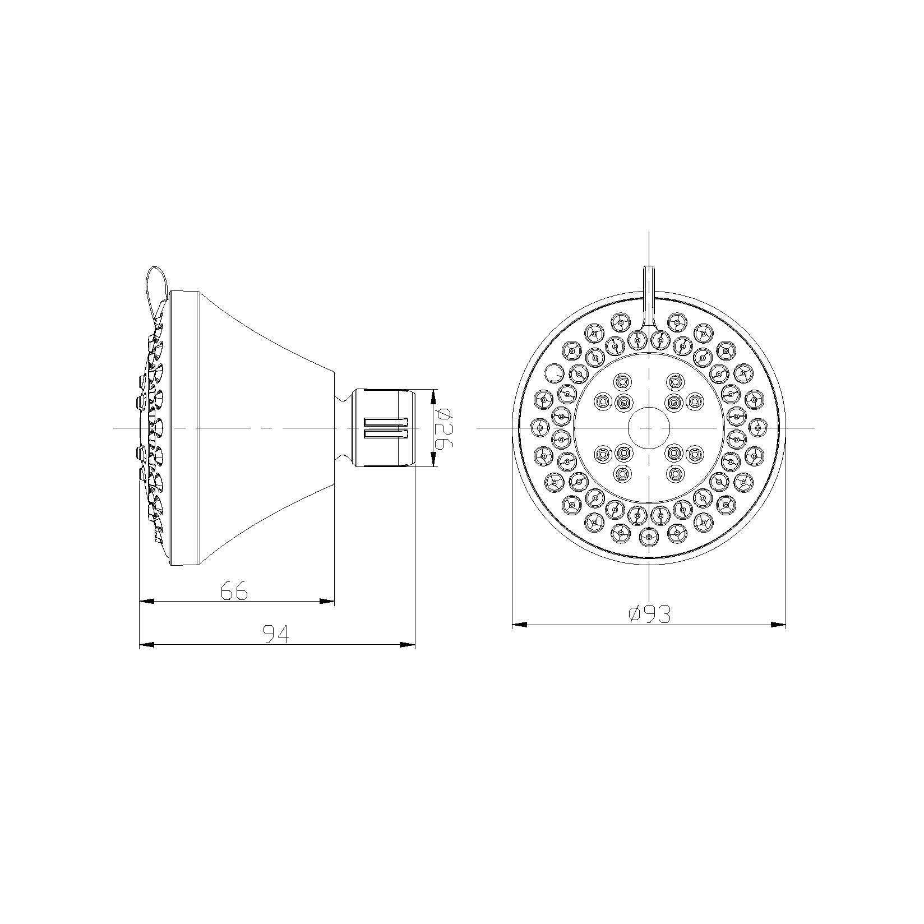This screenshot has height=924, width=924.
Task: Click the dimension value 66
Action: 234,591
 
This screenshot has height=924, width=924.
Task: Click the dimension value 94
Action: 276,635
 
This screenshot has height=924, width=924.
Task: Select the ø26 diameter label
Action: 443,428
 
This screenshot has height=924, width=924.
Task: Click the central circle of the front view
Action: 649,428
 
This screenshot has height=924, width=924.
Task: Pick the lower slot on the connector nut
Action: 385,433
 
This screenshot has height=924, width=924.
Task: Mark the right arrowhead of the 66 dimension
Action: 327,601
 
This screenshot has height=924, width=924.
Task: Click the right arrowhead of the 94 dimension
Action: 408,645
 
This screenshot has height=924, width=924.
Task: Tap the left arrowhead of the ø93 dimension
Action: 520,624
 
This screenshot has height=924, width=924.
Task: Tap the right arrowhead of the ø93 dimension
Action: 778,624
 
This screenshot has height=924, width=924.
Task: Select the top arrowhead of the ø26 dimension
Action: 433,396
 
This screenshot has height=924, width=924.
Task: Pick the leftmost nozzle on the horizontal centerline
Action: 539,428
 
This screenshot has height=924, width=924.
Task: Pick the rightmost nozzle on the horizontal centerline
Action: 758,428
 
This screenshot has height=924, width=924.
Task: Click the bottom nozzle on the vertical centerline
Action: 649,537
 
